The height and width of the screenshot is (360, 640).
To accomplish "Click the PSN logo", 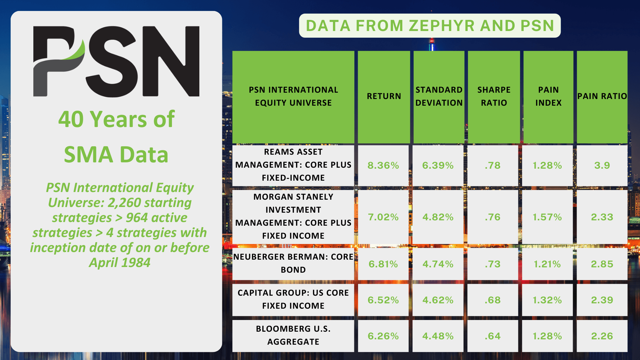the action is point(116,62).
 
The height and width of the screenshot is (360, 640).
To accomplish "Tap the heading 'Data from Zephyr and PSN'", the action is point(430,26).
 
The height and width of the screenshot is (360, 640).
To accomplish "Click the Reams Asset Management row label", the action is point(293,165).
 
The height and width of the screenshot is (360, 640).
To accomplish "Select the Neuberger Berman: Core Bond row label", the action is point(293,264).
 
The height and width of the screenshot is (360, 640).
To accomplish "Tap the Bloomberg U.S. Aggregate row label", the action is point(293,336).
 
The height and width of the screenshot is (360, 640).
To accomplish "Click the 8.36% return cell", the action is point(383,166).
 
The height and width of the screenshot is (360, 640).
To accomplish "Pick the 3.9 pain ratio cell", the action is point(602,166).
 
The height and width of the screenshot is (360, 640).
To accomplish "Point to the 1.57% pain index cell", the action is point(547,217).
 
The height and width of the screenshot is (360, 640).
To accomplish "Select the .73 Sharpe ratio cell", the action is point(493,264).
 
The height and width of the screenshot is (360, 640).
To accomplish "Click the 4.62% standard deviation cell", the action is point(438,300).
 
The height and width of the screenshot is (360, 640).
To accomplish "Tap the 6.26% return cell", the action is point(383,336).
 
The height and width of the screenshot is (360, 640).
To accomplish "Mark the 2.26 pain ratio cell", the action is point(602,336).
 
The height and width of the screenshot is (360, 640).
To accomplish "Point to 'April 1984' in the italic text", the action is point(120,263).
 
